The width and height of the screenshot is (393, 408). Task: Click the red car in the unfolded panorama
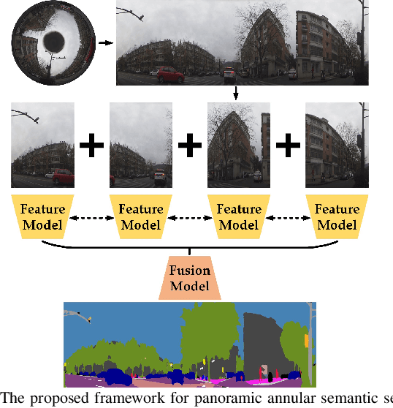tap(169, 75)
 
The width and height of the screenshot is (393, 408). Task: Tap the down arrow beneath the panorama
tap(237, 94)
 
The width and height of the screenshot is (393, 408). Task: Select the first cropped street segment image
tap(42, 146)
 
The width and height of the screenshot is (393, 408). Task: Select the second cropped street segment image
tap(141, 146)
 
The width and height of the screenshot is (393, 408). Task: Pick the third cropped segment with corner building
tap(239, 146)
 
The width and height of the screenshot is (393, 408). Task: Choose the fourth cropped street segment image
tap(337, 146)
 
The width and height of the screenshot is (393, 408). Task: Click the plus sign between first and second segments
tap(92, 146)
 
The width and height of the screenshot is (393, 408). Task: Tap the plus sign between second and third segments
tap(190, 146)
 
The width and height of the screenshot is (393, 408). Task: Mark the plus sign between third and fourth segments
tap(288, 146)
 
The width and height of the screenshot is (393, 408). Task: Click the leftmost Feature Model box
tap(42, 217)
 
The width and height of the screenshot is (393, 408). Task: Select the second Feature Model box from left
tap(141, 217)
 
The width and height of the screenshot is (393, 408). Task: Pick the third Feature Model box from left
tap(239, 217)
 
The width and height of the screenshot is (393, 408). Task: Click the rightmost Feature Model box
tap(337, 217)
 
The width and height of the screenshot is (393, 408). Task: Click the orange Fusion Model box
tap(189, 278)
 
